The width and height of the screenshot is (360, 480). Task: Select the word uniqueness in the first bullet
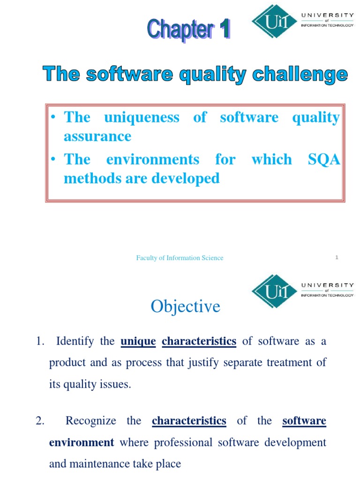[142, 117]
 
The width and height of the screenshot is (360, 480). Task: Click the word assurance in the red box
[97, 136]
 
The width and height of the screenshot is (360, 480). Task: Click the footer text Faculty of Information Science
[180, 258]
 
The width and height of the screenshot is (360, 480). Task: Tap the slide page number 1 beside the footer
[337, 257]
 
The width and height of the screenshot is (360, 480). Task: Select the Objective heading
[185, 307]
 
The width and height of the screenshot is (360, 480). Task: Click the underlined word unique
[138, 341]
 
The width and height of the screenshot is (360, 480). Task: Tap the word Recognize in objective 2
[91, 421]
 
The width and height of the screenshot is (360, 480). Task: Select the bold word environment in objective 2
[82, 442]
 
